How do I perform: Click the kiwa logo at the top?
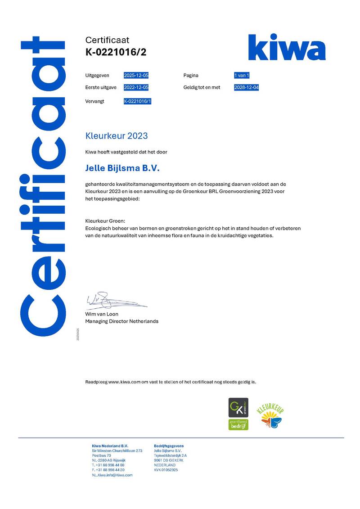pos(287,47)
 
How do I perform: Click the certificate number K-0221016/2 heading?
pos(116,52)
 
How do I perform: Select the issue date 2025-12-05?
pos(136,75)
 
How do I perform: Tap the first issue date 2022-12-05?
pos(136,87)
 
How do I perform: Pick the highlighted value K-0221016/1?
pos(138,101)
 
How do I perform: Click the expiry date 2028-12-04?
pos(246,87)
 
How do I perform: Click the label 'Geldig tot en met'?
pos(202,87)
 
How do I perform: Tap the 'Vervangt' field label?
pos(94,101)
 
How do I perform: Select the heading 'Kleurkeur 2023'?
pos(116,135)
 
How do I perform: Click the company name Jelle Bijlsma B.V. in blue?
pos(122,168)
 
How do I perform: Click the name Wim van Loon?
pos(102,314)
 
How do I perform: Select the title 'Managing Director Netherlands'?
pos(121,321)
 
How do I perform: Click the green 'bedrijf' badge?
pos(238,424)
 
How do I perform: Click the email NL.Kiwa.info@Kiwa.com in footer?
pos(112,475)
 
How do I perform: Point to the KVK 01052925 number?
pos(166,470)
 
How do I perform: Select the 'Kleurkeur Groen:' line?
pos(105,221)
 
